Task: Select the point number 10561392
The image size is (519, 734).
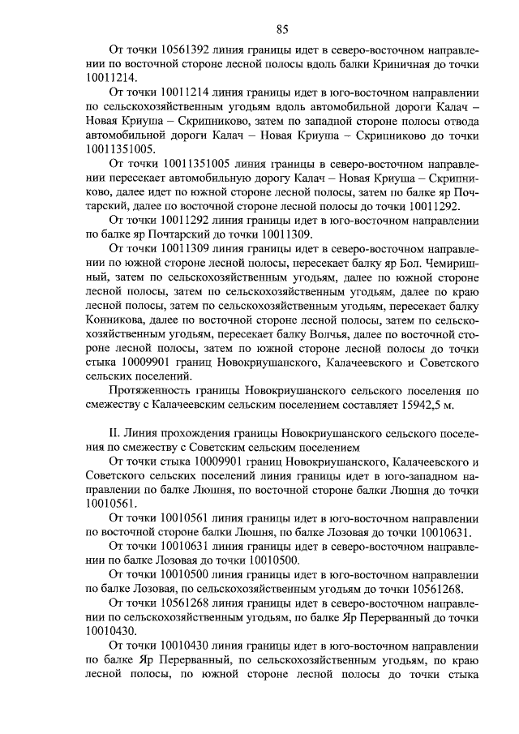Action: (188, 49)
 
